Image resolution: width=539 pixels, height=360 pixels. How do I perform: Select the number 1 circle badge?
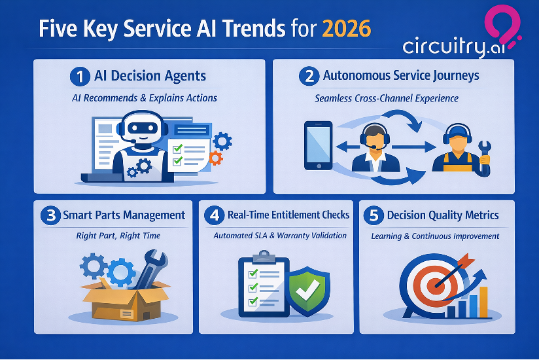(80, 77)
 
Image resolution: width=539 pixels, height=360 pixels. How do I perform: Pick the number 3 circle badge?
(50, 215)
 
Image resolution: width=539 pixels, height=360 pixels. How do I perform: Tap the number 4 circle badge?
(215, 215)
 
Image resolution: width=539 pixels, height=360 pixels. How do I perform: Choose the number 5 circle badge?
(374, 215)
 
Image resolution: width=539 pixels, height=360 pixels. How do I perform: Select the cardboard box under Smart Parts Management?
(124, 299)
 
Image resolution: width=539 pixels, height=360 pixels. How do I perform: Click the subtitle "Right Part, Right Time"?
(118, 236)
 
